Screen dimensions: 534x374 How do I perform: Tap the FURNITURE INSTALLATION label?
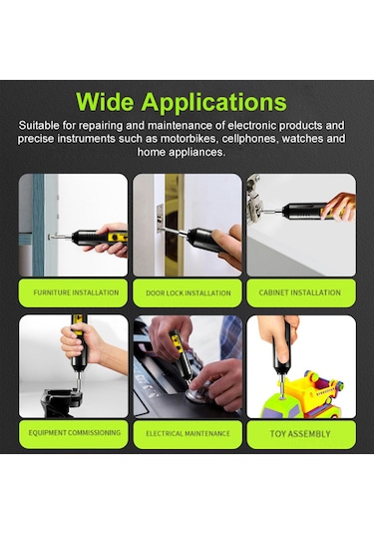point(76,293)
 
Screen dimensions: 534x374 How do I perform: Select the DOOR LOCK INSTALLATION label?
point(187,293)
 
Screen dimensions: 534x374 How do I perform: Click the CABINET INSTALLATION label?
point(299,293)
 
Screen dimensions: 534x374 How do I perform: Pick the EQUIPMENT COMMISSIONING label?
point(76,433)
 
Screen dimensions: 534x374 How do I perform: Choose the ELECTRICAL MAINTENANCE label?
point(187,434)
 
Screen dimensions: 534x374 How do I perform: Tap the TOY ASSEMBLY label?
point(299,434)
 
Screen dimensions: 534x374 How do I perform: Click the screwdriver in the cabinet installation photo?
point(309,211)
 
